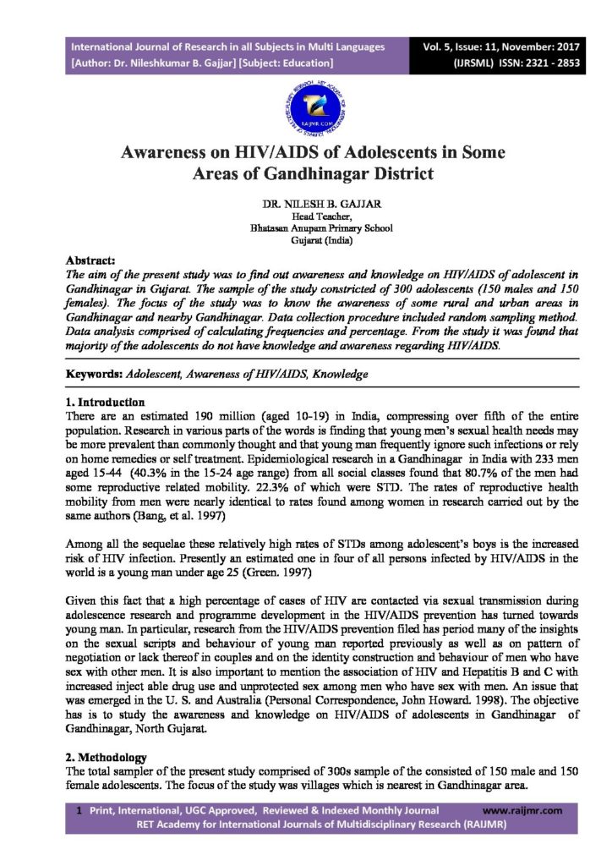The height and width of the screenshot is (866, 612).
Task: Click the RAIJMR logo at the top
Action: [x=305, y=107]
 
